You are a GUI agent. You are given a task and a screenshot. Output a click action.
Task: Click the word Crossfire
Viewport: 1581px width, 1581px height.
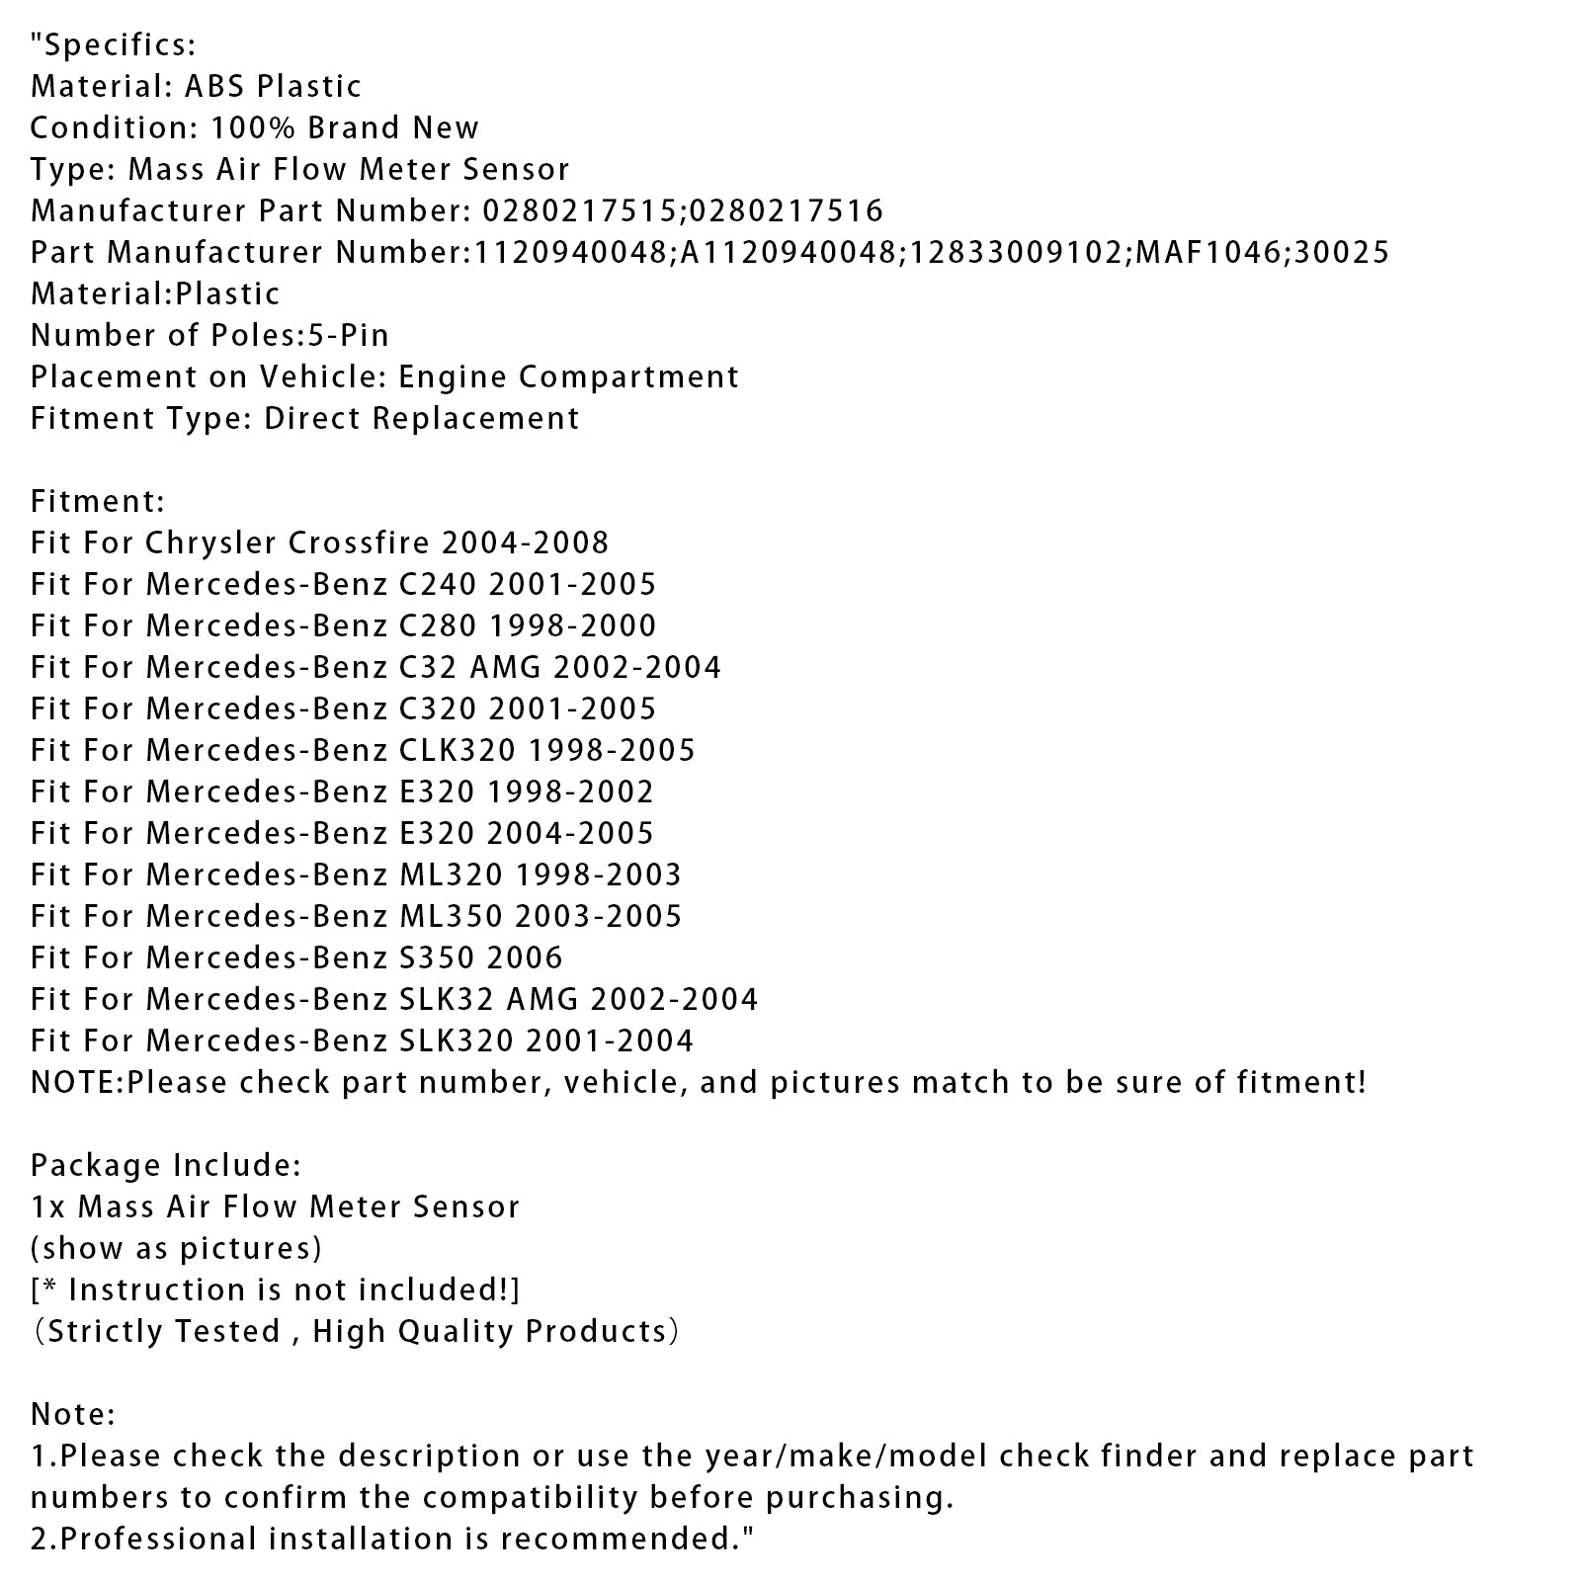click(x=360, y=542)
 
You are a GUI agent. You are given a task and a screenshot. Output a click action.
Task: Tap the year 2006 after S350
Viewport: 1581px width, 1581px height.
click(x=525, y=957)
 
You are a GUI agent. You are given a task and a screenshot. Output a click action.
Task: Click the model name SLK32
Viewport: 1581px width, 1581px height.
click(x=445, y=999)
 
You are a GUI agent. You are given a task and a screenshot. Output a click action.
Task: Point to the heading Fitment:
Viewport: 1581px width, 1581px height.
click(x=98, y=501)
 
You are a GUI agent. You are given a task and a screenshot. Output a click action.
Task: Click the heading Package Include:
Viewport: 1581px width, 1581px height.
click(x=166, y=1165)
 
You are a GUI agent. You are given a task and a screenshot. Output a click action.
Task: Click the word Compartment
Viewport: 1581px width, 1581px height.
click(x=628, y=376)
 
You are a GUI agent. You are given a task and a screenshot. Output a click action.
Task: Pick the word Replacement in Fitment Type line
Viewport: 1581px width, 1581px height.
click(x=476, y=418)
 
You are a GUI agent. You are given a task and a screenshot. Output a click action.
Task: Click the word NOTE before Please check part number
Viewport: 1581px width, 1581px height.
click(x=74, y=1082)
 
